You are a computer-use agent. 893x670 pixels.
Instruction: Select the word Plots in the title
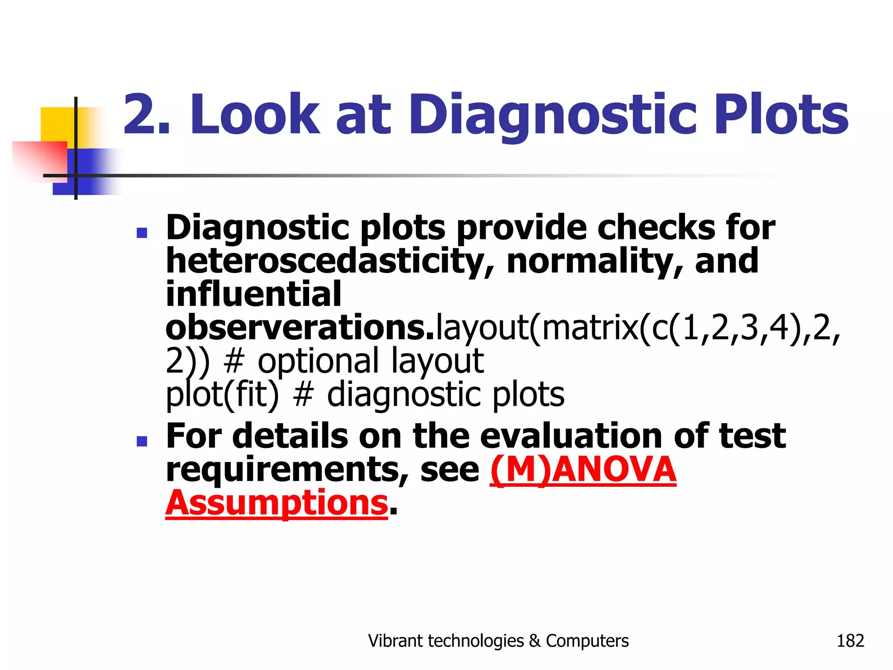pyautogui.click(x=781, y=114)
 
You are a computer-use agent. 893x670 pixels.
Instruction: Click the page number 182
pyautogui.click(x=850, y=641)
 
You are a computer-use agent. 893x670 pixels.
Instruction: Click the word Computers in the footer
pyautogui.click(x=587, y=641)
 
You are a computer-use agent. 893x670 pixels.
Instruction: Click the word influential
pyautogui.click(x=253, y=294)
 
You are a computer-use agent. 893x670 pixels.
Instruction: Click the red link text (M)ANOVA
pyautogui.click(x=583, y=470)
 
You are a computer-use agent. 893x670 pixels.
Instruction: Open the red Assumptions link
pyautogui.click(x=276, y=503)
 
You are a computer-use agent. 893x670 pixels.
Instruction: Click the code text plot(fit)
pyautogui.click(x=222, y=394)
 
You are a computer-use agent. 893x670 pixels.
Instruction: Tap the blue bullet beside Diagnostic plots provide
pyautogui.click(x=142, y=232)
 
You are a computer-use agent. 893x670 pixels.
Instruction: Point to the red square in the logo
pyautogui.click(x=39, y=159)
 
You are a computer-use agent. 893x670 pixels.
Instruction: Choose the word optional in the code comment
pyautogui.click(x=318, y=361)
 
